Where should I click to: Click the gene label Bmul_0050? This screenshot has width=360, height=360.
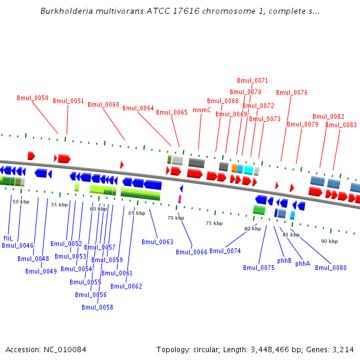pos(32,98)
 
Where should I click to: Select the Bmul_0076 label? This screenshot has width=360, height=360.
pos(292,92)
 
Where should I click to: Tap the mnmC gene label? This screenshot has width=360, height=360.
pos(202,110)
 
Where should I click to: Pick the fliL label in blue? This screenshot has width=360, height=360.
pos(8,238)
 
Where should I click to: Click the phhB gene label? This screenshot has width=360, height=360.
pos(284,261)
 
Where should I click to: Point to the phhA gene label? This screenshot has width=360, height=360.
pos(302,264)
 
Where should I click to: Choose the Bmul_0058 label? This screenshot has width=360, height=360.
pos(97,308)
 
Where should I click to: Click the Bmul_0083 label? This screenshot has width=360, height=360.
pos(341,125)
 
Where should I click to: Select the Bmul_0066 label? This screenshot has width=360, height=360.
pos(191,252)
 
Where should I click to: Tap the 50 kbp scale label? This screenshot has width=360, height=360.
pos(21,202)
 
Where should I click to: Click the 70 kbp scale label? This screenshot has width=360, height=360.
pos(176,218)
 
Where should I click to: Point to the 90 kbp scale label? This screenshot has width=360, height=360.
pos(329,241)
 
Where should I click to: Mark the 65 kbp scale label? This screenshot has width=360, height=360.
pos(137,213)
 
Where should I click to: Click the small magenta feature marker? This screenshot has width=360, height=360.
pos(179,199)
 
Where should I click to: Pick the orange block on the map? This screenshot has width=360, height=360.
pos(235,169)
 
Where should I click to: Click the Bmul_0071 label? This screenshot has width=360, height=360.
pos(253,80)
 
